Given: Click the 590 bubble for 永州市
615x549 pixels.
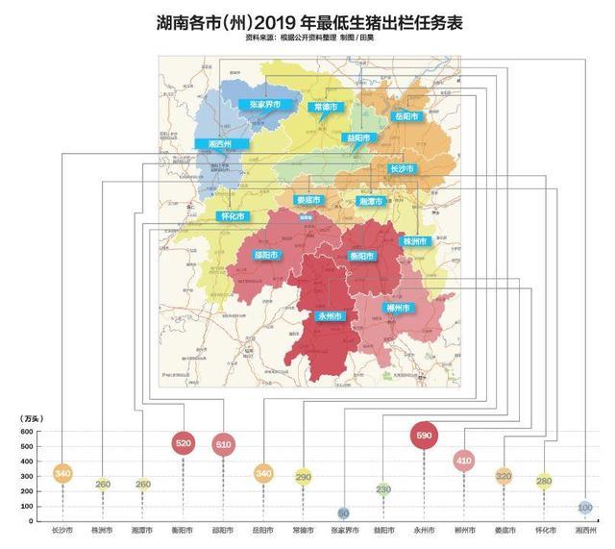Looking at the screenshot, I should point(424,436).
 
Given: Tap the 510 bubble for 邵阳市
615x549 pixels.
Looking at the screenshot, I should point(223,444).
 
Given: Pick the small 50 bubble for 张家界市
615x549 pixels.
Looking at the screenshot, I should point(343,513).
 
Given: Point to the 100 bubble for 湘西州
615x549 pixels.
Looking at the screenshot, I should point(584,507).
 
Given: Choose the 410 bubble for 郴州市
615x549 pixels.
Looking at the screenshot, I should point(464,461).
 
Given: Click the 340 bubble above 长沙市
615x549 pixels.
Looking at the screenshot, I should point(62,473).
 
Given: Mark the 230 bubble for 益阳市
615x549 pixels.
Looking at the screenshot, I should point(383,489).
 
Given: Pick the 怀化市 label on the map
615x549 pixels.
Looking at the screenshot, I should point(234,216).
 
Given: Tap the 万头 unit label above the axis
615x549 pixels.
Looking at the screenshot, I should point(31,418).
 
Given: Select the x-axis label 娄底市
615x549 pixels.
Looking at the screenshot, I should point(504,530).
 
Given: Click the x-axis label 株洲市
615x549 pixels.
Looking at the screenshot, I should point(102,530).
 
